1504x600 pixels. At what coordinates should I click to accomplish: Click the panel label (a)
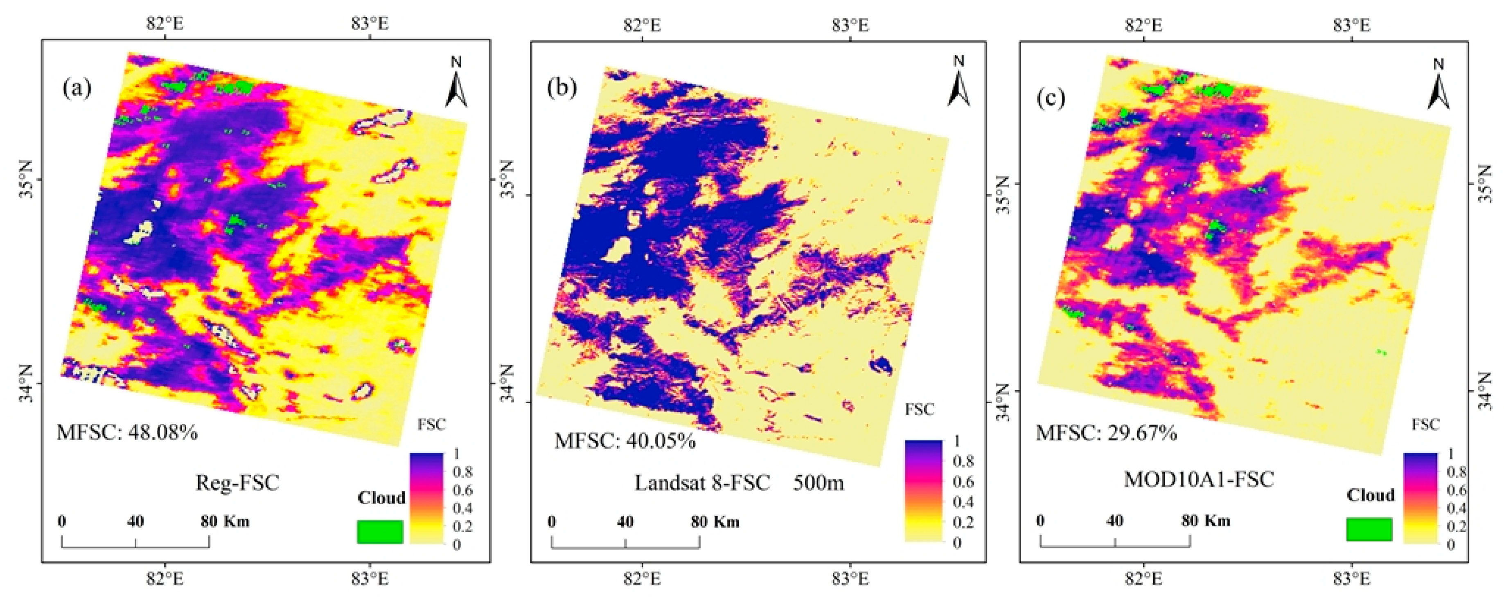[x=77, y=89]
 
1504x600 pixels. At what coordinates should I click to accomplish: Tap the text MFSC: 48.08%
[x=127, y=432]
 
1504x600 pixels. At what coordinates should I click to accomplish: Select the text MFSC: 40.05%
[x=625, y=440]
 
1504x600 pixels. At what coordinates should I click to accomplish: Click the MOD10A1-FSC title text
[x=1199, y=480]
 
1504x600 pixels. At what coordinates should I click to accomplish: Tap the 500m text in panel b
[x=818, y=483]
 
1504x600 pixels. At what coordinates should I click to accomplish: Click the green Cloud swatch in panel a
[x=380, y=532]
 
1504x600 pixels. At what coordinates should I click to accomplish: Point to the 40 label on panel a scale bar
[x=135, y=521]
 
